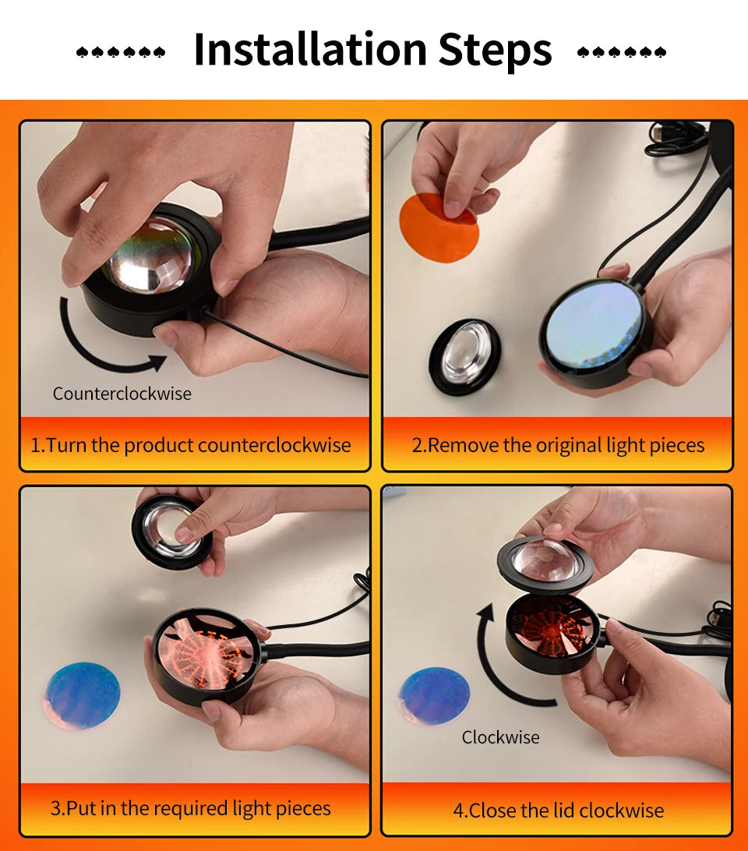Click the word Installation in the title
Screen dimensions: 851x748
(x=309, y=49)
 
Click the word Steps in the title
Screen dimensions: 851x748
(x=495, y=49)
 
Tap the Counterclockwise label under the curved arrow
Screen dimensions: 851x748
(x=122, y=394)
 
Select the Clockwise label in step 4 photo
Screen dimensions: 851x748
(x=500, y=736)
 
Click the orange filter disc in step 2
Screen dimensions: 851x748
(x=438, y=227)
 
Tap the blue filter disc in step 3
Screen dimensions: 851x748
(x=82, y=695)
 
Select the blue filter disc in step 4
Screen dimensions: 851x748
(x=434, y=696)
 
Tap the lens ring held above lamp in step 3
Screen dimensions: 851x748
(x=171, y=530)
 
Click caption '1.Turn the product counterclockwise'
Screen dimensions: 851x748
(x=191, y=445)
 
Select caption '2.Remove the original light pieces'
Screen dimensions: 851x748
(x=558, y=445)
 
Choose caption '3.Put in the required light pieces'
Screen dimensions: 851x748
(x=191, y=808)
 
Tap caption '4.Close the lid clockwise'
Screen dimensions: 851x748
(x=558, y=810)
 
